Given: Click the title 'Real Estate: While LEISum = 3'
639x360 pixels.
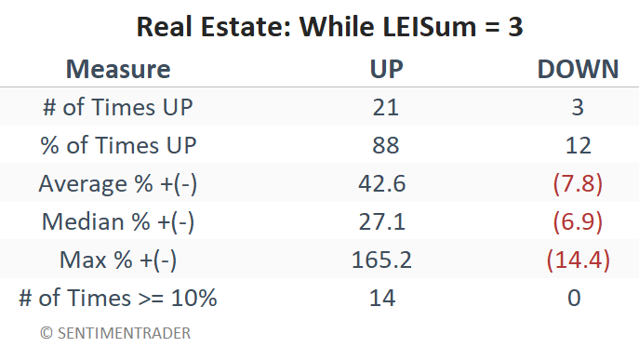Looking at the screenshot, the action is [329, 27].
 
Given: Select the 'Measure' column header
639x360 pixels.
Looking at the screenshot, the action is [118, 69].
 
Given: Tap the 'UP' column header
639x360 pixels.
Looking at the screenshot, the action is [386, 69].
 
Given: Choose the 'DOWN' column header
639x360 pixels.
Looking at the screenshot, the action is [578, 69].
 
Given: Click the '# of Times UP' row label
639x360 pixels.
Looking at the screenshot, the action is [118, 107].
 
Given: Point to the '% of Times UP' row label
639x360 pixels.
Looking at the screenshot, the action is [118, 145].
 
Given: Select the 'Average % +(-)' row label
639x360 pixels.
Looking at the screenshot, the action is [118, 183].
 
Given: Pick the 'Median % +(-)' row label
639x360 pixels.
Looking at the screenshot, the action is [118, 221].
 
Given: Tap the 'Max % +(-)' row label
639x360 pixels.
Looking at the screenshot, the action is [118, 260].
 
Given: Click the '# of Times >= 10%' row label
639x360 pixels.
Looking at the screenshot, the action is [118, 298].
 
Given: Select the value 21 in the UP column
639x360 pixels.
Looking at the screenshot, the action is [385, 107].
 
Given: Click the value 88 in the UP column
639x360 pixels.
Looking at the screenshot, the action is [385, 145].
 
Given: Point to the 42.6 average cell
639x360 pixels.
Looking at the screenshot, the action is [382, 183].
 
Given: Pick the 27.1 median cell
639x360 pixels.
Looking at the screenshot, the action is [382, 221].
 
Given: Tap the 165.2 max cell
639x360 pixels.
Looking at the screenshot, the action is [381, 260].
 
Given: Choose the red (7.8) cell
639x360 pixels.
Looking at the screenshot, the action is [578, 183].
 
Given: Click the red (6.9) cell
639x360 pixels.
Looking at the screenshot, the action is [578, 221].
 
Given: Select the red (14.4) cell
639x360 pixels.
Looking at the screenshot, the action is [578, 260].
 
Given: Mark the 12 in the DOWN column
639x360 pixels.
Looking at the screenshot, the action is [578, 145].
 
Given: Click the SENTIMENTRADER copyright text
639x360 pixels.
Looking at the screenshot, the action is [115, 333].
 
